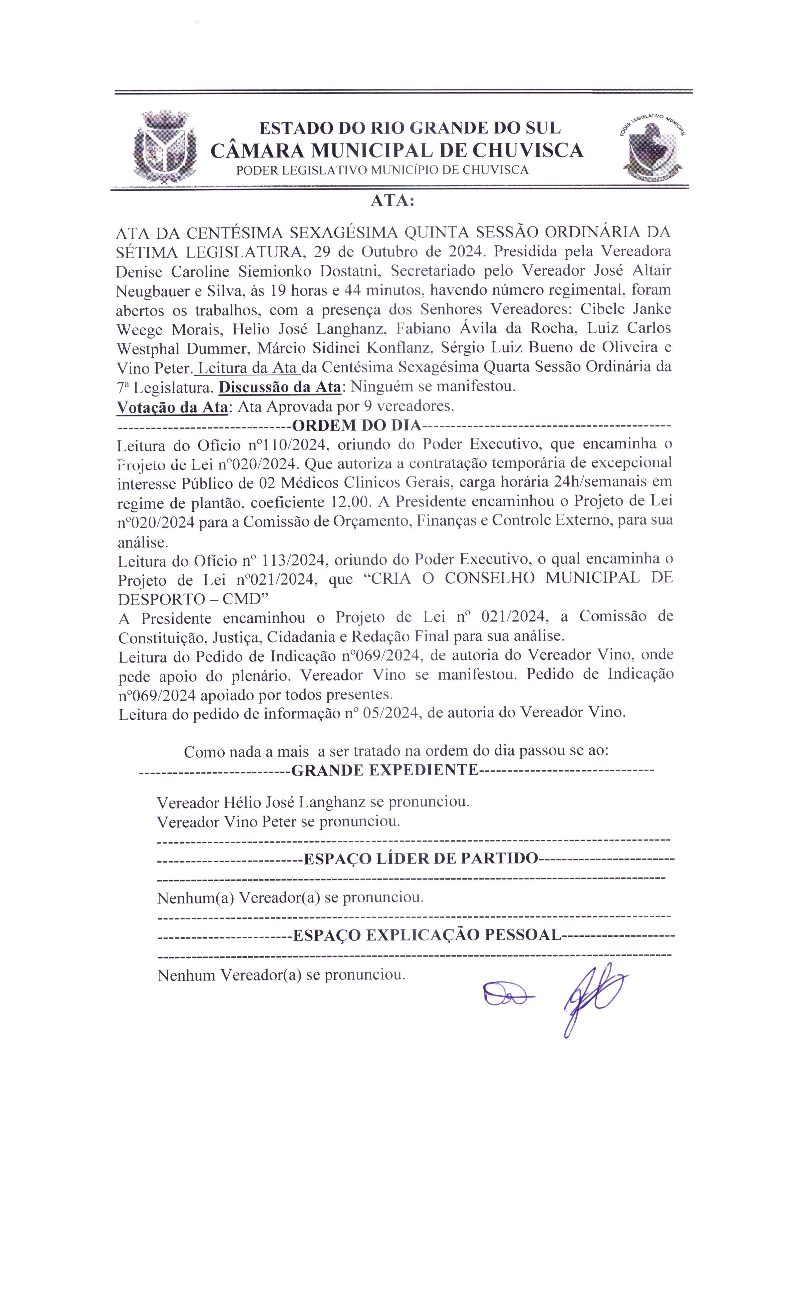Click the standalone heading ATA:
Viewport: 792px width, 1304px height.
point(392,201)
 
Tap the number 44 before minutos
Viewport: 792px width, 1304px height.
point(353,290)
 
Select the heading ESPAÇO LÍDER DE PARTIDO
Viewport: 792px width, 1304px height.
point(421,858)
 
